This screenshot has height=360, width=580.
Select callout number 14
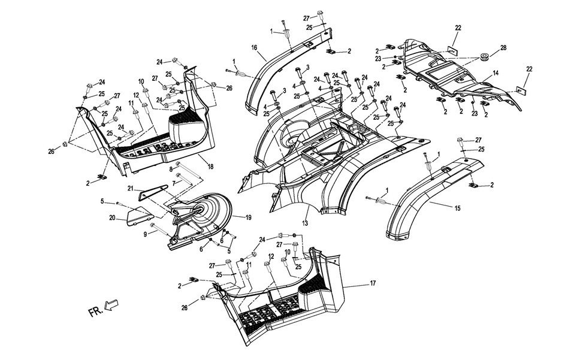point(496,73)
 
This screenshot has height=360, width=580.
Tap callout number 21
point(130,187)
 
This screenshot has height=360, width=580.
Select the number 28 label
point(503,47)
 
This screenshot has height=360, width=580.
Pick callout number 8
point(171,170)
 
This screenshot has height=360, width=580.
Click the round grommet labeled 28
point(483,59)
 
